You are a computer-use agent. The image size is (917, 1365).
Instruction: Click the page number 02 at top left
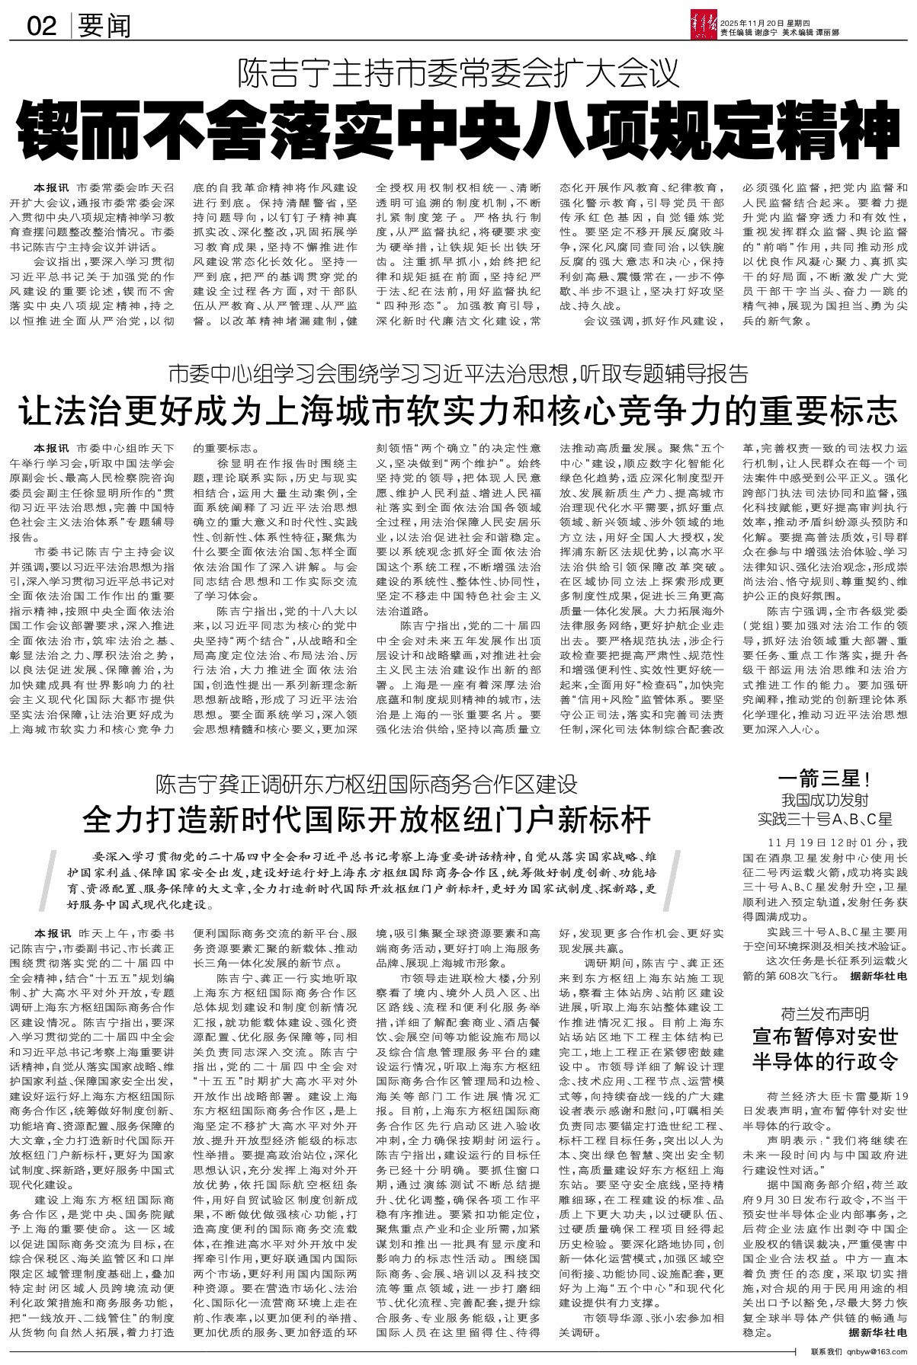pos(43,27)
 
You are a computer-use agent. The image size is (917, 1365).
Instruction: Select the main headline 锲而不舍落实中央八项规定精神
pos(458,132)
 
